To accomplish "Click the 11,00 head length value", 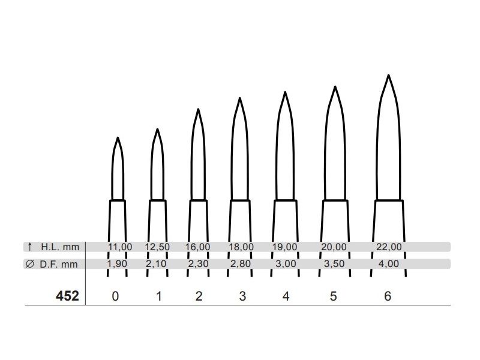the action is [120, 247].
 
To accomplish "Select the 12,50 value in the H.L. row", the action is [157, 247].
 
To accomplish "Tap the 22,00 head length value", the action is [389, 247].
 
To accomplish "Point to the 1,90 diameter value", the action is [117, 263].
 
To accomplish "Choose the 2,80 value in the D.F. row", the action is [241, 263].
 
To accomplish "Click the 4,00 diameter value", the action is [389, 263].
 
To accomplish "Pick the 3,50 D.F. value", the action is [334, 263].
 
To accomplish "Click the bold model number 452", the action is [67, 296].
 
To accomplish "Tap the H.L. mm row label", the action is [60, 247].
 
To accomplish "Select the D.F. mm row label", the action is [59, 264].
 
